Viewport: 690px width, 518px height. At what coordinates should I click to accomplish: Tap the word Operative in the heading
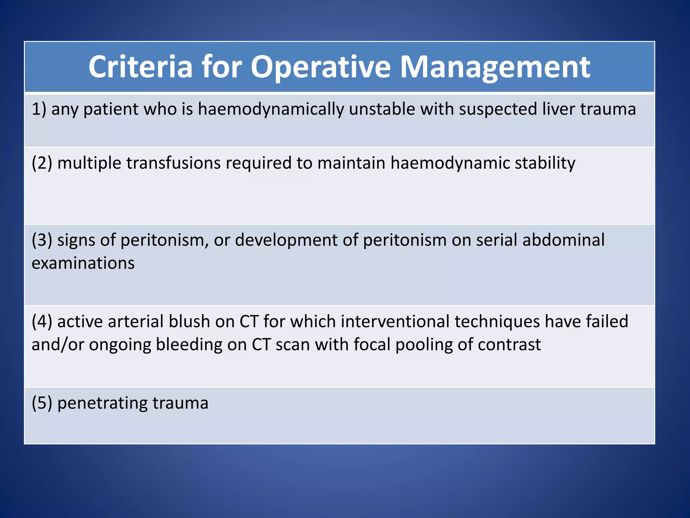(x=320, y=67)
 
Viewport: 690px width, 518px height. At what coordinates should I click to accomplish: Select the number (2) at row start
(x=42, y=163)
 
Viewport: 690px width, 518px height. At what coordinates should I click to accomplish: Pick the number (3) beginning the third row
(x=42, y=240)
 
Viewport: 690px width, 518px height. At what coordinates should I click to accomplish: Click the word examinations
(x=83, y=263)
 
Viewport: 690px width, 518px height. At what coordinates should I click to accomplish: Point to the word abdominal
(x=563, y=240)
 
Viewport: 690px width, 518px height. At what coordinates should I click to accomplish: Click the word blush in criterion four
(x=189, y=321)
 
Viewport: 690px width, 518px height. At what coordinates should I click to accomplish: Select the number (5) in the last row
(x=42, y=403)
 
